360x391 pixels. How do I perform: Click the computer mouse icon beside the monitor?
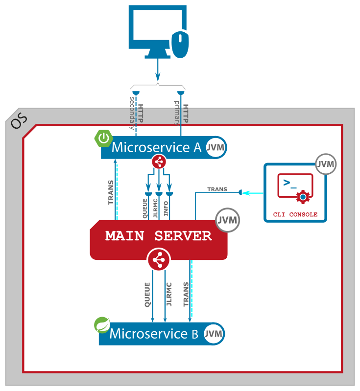(180, 43)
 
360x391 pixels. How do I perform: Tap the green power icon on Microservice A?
(103, 139)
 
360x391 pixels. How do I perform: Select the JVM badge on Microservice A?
(216, 147)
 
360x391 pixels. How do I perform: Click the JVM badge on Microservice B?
(214, 334)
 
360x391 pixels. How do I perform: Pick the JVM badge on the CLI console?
(326, 164)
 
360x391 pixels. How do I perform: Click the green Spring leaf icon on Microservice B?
(102, 324)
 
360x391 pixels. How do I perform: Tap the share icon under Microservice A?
(159, 161)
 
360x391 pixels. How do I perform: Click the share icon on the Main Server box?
(158, 260)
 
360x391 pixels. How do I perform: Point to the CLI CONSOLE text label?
(295, 214)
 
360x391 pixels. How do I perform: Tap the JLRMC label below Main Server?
(169, 294)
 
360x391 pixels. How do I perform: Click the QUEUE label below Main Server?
(147, 294)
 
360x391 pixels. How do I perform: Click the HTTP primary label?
(182, 113)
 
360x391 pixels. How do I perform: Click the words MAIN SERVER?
(158, 236)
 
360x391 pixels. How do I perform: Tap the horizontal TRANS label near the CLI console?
(217, 189)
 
